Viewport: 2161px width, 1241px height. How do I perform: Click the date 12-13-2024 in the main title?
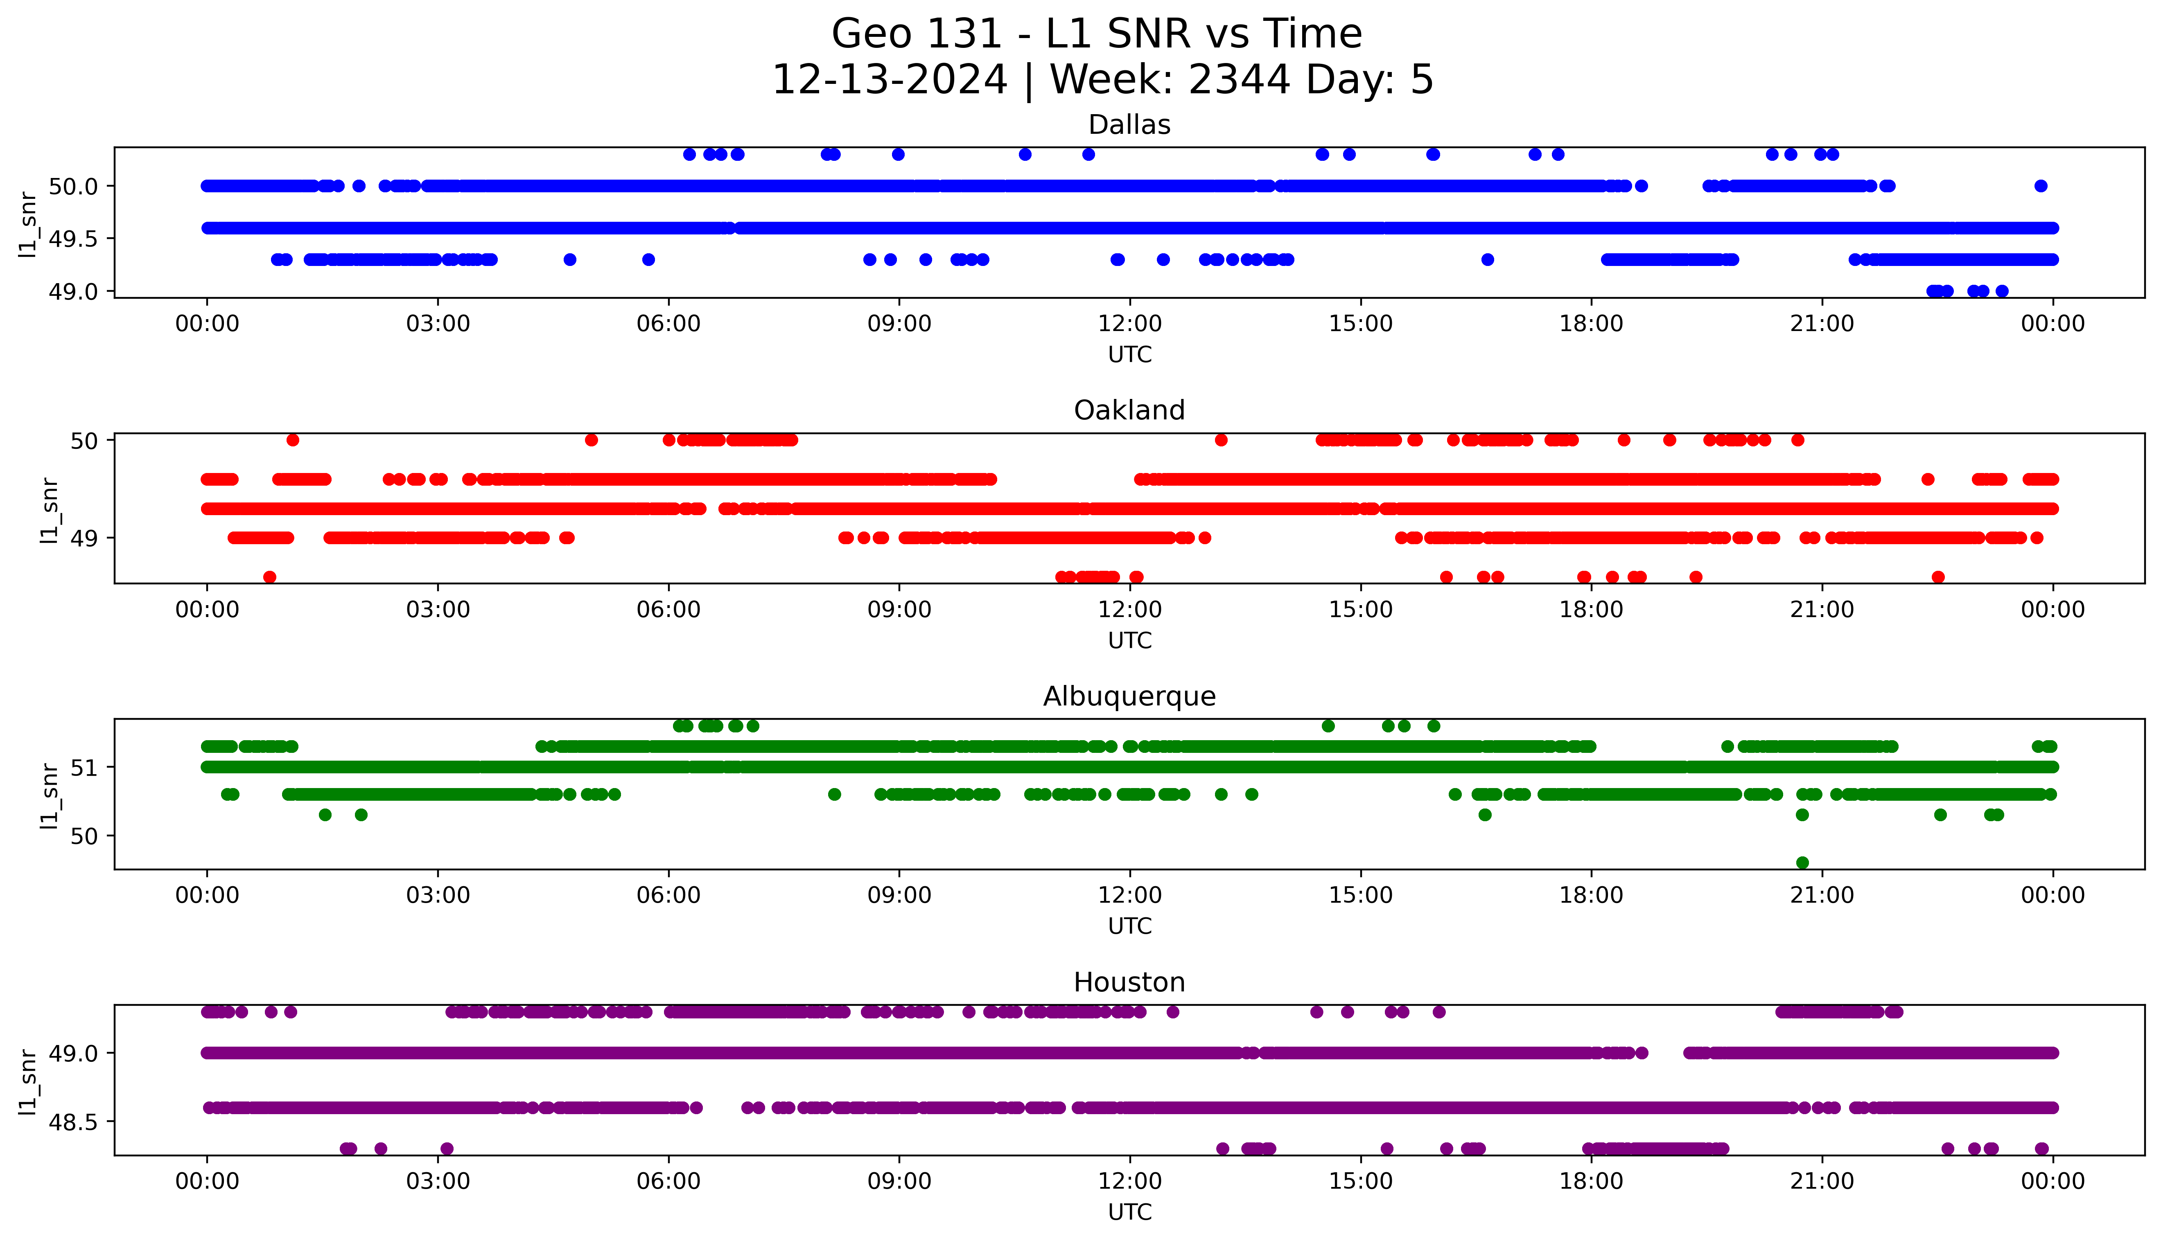889,80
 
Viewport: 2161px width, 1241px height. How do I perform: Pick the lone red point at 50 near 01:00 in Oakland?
292,440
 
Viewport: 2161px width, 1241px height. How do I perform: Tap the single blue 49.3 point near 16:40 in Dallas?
1488,259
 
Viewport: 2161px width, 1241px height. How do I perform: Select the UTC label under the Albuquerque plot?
1129,926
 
